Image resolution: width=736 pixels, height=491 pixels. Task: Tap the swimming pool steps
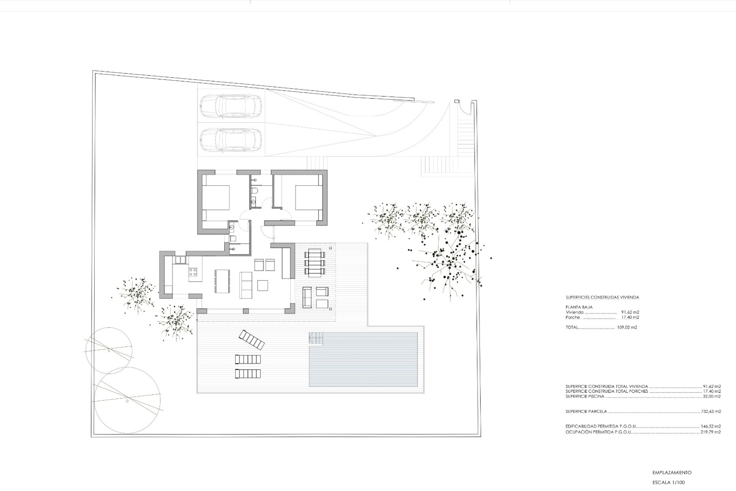pos(316,339)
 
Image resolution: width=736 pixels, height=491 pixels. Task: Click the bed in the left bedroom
pos(215,198)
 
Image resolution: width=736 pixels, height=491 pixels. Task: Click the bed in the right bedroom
pos(308,198)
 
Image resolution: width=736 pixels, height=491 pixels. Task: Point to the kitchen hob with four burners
pos(193,273)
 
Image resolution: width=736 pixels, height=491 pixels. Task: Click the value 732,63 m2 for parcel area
pos(711,412)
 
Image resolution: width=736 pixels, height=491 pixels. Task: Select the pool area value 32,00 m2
pos(711,397)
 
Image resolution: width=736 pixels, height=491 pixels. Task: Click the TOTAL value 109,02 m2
pos(627,328)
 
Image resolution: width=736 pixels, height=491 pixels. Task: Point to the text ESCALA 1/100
pos(668,483)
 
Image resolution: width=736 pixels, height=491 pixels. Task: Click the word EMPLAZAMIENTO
pos(672,473)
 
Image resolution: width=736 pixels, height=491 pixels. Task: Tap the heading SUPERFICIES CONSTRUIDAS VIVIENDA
pos(602,297)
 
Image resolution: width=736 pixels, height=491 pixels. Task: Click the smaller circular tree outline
pos(109,351)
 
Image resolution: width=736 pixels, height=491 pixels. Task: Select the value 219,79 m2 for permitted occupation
pos(711,432)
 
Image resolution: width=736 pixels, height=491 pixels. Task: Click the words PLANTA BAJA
pos(579,307)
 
